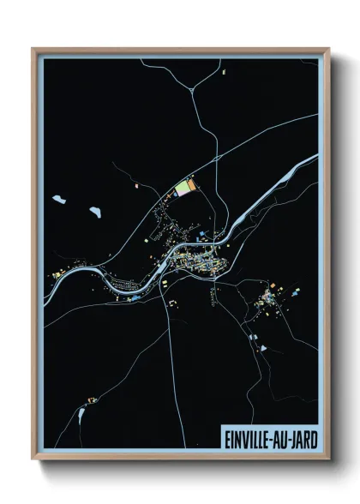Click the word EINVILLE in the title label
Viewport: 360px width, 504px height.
click(x=249, y=439)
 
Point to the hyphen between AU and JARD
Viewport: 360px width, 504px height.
click(x=291, y=439)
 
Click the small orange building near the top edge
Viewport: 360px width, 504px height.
click(x=225, y=75)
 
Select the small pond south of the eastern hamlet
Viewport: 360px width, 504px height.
click(x=255, y=339)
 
